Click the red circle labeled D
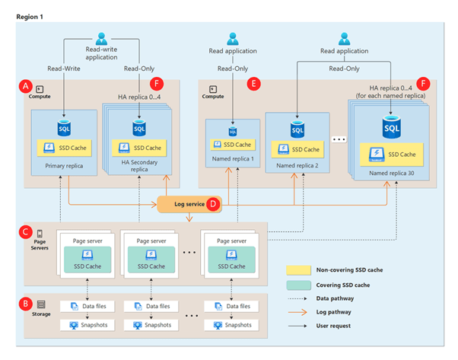click(x=214, y=203)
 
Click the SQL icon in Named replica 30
click(x=392, y=126)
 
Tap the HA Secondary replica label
click(x=138, y=166)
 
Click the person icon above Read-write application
click(x=102, y=36)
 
